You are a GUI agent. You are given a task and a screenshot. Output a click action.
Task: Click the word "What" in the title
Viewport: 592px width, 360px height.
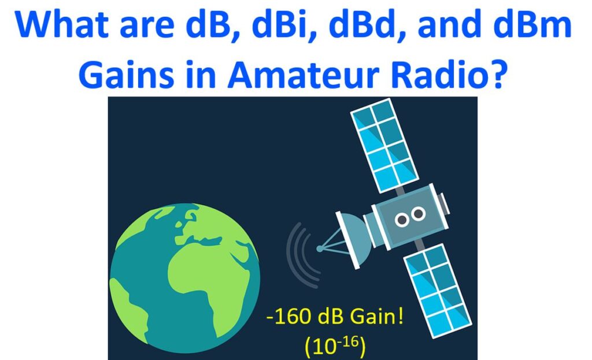point(62,25)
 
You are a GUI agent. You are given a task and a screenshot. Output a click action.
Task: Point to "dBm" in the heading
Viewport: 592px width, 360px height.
point(533,24)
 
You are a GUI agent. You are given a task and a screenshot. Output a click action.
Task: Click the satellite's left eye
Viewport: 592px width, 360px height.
point(402,219)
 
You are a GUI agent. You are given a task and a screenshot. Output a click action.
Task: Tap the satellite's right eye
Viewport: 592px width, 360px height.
point(419,214)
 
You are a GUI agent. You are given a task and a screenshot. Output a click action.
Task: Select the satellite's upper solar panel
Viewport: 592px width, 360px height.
point(384,145)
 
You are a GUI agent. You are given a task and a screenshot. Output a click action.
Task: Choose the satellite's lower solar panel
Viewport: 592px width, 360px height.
point(438,291)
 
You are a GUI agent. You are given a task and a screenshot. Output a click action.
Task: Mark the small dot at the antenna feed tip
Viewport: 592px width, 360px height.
point(320,248)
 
